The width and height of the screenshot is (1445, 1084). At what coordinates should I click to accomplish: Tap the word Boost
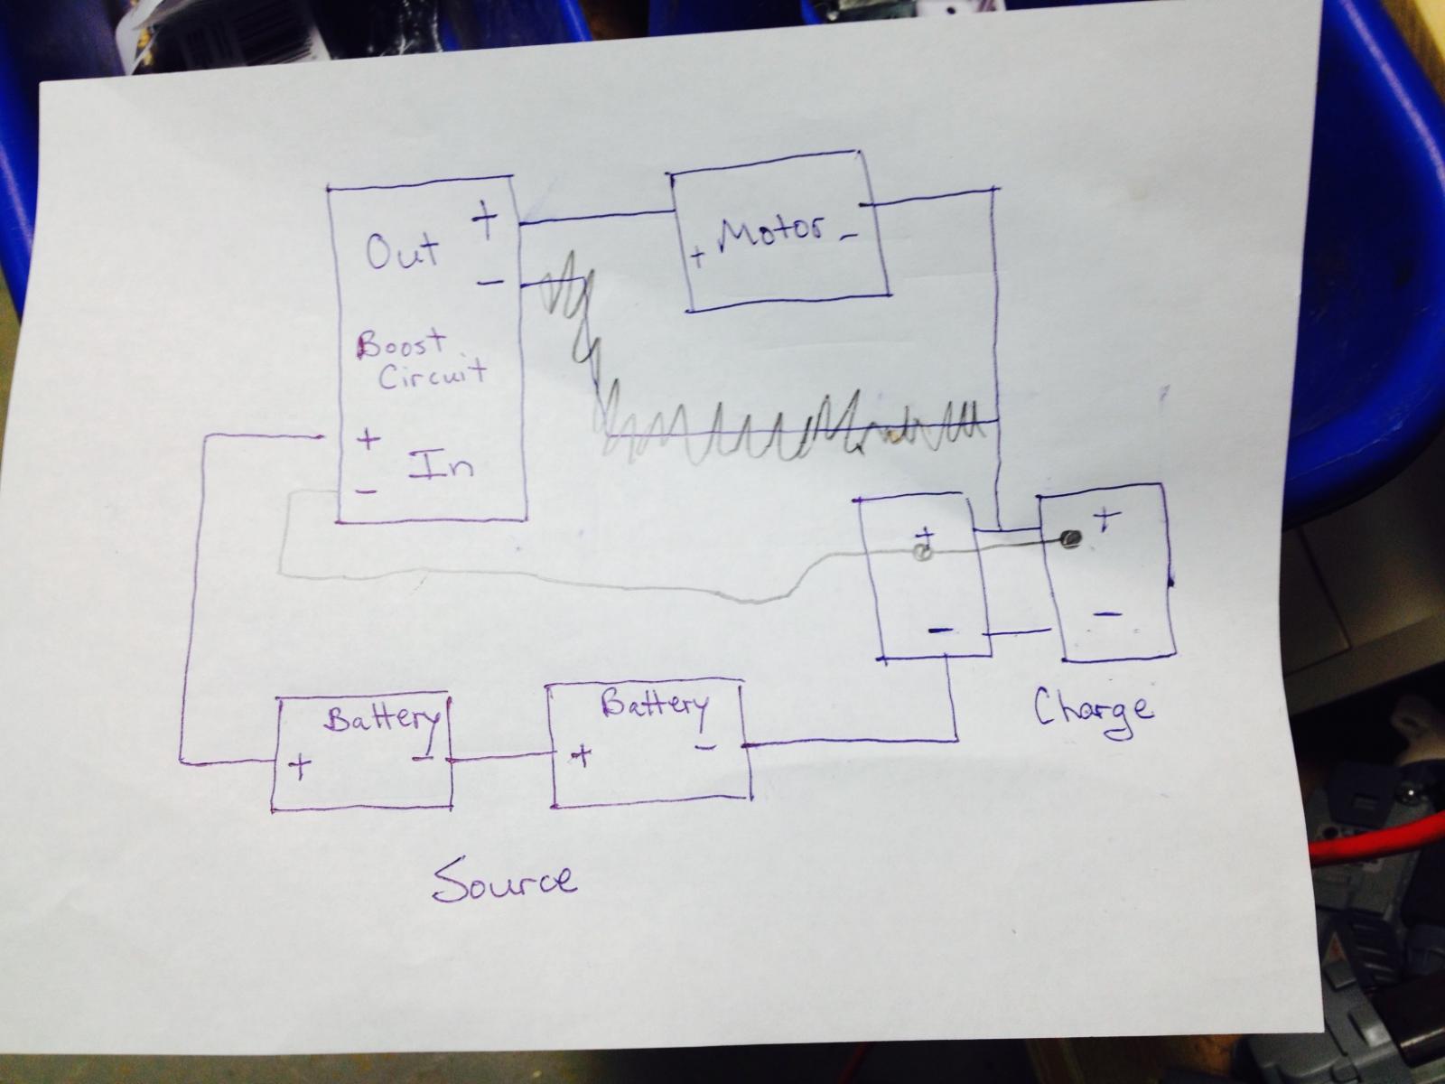[x=401, y=345]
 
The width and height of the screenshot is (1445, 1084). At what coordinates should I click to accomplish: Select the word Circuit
[x=433, y=374]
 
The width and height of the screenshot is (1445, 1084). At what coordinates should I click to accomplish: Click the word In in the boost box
[x=441, y=464]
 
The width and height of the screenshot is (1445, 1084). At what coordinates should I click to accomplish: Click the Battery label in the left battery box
[x=381, y=719]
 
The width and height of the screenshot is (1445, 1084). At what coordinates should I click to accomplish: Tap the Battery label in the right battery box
[x=655, y=706]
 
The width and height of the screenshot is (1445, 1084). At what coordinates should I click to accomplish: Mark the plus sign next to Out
[x=485, y=220]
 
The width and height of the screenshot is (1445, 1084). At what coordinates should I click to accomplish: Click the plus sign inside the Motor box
[x=698, y=256]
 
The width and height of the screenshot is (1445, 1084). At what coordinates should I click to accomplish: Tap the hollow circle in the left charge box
[x=924, y=552]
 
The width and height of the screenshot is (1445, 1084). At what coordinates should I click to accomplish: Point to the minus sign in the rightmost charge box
[x=1108, y=614]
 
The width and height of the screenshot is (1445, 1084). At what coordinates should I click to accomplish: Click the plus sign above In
[x=368, y=438]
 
